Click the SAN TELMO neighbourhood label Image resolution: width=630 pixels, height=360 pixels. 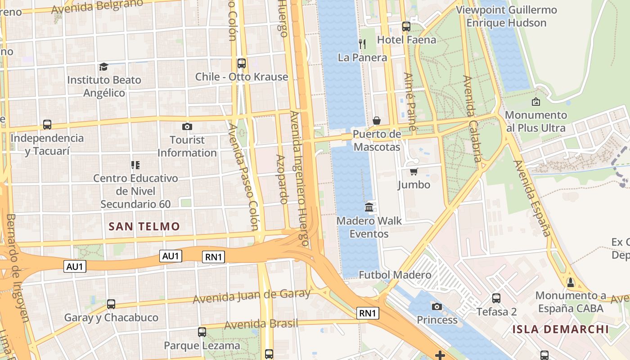pyautogui.click(x=144, y=226)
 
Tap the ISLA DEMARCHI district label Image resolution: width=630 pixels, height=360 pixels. pyautogui.click(x=560, y=329)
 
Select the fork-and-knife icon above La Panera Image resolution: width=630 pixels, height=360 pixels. pyautogui.click(x=362, y=44)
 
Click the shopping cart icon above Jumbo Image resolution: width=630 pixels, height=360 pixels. pyautogui.click(x=414, y=171)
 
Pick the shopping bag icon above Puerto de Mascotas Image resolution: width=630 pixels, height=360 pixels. pyautogui.click(x=377, y=121)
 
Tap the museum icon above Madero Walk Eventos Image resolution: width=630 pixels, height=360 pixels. pyautogui.click(x=369, y=207)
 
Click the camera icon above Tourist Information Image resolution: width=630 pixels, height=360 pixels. pyautogui.click(x=187, y=127)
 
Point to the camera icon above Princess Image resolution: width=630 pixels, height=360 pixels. pyautogui.click(x=436, y=307)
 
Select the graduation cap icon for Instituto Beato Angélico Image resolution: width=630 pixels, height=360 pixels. pyautogui.click(x=104, y=67)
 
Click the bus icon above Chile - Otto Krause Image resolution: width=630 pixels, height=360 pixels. pyautogui.click(x=242, y=63)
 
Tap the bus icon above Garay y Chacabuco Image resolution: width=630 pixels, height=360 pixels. pyautogui.click(x=111, y=304)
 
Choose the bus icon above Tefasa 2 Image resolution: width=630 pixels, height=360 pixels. pyautogui.click(x=496, y=298)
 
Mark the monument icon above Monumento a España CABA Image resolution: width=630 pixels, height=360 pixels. pyautogui.click(x=571, y=283)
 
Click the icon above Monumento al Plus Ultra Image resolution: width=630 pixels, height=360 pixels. pyautogui.click(x=535, y=102)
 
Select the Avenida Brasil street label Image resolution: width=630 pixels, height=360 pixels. pyautogui.click(x=261, y=324)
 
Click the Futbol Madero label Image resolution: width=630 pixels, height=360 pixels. pyautogui.click(x=395, y=274)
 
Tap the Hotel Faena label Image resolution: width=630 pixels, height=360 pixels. pyautogui.click(x=406, y=40)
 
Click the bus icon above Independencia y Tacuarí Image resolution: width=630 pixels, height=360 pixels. pyautogui.click(x=47, y=125)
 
